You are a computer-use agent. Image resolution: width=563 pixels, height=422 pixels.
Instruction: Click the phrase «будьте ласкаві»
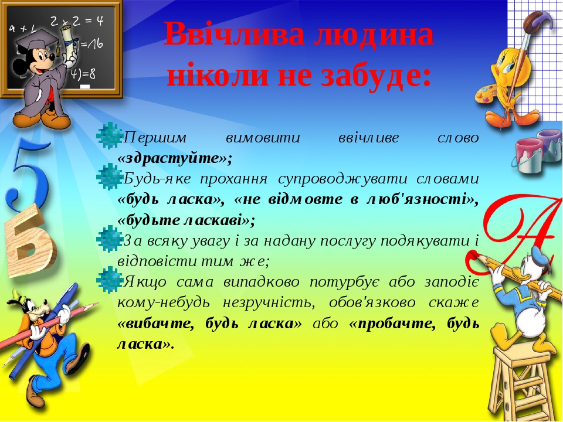tap(186, 220)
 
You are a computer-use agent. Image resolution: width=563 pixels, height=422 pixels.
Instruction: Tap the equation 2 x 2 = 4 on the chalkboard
tap(76, 21)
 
